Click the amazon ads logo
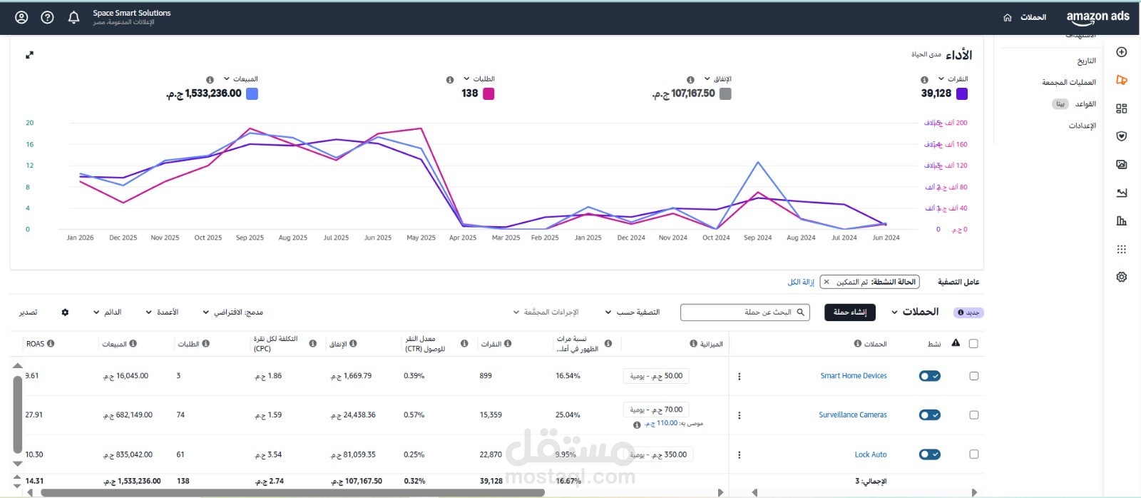pyautogui.click(x=1097, y=17)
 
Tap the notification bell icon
pyautogui.click(x=73, y=17)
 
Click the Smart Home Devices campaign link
pyautogui.click(x=853, y=376)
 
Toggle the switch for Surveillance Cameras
pyautogui.click(x=929, y=415)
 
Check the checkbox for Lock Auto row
pyautogui.click(x=974, y=454)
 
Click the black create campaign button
pyautogui.click(x=849, y=312)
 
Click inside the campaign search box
pyautogui.click(x=742, y=312)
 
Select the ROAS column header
pyautogui.click(x=36, y=344)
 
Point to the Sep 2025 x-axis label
pyautogui.click(x=250, y=238)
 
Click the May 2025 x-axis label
pyautogui.click(x=421, y=238)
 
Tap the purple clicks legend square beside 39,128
pyautogui.click(x=962, y=93)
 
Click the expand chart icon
pyautogui.click(x=30, y=55)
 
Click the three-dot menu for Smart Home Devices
pyautogui.click(x=740, y=376)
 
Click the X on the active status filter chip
pyautogui.click(x=827, y=282)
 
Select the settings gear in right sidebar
pyautogui.click(x=1122, y=277)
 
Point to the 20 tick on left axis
pyautogui.click(x=29, y=123)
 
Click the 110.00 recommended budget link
pyautogui.click(x=666, y=424)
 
